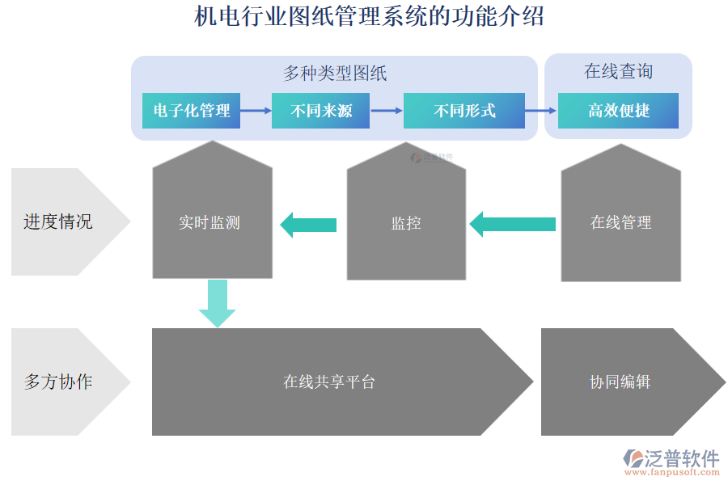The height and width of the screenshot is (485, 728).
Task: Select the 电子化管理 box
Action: pyautogui.click(x=192, y=111)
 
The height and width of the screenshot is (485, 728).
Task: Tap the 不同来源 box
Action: pyautogui.click(x=321, y=111)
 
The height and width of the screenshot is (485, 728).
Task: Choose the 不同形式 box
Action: pyautogui.click(x=463, y=111)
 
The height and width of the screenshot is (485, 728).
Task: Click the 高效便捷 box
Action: pyautogui.click(x=619, y=111)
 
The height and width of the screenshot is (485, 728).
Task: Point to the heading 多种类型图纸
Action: pyautogui.click(x=334, y=74)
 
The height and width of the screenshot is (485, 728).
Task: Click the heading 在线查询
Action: pyautogui.click(x=618, y=72)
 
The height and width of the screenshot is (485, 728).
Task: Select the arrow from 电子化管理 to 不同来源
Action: pyautogui.click(x=256, y=111)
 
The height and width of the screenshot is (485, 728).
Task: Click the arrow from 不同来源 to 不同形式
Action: pyautogui.click(x=386, y=111)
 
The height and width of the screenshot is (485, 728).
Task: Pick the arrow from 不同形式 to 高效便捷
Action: pyautogui.click(x=540, y=111)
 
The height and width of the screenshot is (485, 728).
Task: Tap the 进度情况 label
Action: pyautogui.click(x=57, y=221)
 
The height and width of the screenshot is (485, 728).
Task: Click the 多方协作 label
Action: pyautogui.click(x=57, y=382)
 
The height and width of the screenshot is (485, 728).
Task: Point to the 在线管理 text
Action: pyautogui.click(x=620, y=222)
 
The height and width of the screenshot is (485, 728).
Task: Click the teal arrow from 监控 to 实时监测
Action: pyautogui.click(x=308, y=224)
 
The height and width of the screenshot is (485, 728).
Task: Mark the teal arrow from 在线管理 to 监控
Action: pyautogui.click(x=513, y=224)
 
